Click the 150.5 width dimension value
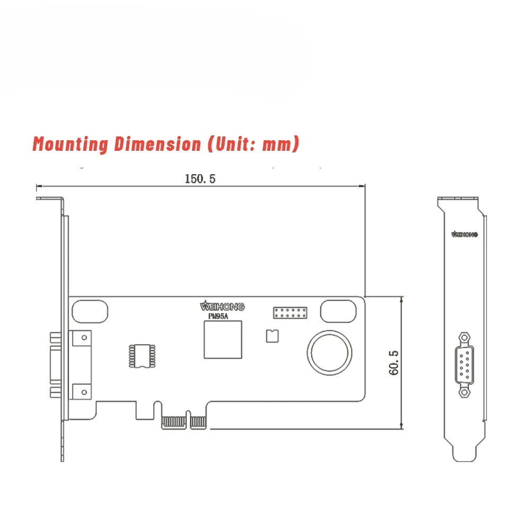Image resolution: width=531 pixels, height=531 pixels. (200, 179)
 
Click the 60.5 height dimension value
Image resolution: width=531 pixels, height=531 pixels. (393, 363)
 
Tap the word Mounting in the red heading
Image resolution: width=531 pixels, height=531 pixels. (71, 144)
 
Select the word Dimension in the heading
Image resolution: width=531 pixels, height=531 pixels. (158, 143)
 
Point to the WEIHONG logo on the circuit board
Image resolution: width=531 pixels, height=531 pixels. (222, 306)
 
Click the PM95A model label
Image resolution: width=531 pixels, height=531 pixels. (218, 316)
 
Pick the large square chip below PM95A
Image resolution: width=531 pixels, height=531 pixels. (223, 340)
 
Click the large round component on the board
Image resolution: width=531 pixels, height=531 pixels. (330, 353)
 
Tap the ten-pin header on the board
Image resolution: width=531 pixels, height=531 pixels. (290, 313)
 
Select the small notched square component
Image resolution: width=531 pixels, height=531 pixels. (272, 336)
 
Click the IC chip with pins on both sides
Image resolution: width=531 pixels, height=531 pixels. (142, 356)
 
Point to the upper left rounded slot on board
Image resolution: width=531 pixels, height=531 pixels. (90, 311)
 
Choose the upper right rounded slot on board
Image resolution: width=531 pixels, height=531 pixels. (338, 311)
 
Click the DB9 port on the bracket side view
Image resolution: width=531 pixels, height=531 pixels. (464, 365)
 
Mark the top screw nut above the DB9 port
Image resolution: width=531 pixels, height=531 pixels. (464, 338)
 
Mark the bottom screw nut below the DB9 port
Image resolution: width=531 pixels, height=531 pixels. (464, 392)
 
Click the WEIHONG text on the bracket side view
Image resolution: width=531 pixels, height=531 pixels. (464, 234)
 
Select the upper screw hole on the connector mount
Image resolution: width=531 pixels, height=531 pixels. (84, 338)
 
